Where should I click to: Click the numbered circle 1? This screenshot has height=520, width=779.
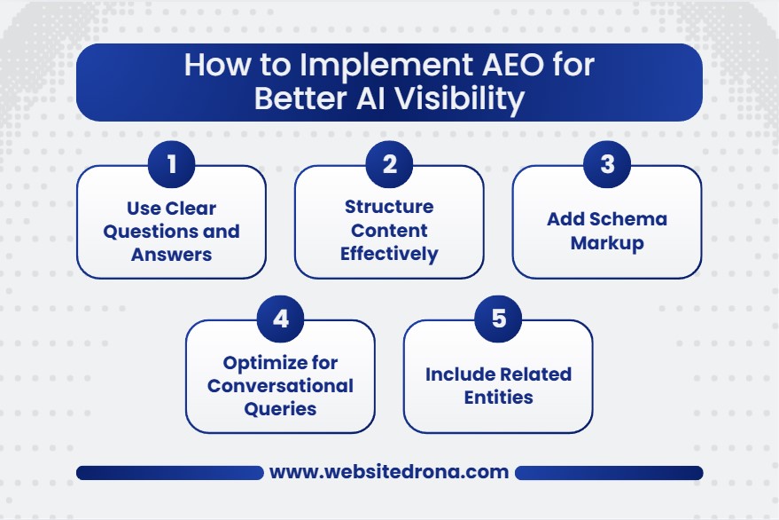point(171,165)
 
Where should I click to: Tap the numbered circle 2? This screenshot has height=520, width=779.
point(388,165)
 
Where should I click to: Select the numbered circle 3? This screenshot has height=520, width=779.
point(607,165)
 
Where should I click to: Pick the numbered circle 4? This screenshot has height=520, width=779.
point(280,319)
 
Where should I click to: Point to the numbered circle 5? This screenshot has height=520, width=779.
point(498,319)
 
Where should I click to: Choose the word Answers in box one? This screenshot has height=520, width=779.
point(171,254)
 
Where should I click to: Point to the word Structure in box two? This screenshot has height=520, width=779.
point(389,207)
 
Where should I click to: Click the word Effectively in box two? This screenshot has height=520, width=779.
point(389,254)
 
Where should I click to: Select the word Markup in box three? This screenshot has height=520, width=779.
point(607,242)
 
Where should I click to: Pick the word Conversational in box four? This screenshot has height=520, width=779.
point(280,385)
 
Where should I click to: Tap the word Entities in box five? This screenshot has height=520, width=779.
point(498,397)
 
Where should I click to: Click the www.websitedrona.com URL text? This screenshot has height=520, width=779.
point(389,472)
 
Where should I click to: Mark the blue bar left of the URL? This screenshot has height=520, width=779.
point(169,472)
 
